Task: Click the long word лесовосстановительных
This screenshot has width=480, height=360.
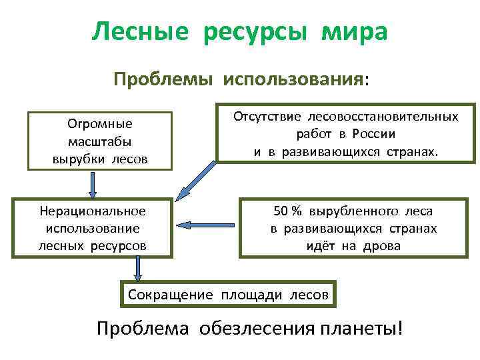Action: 382,116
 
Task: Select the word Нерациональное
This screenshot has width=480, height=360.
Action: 93,211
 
